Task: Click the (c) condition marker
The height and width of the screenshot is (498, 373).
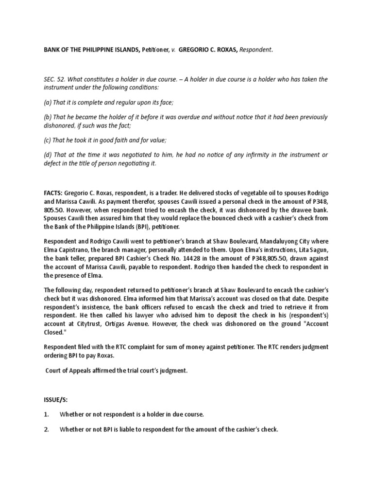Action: click(x=48, y=140)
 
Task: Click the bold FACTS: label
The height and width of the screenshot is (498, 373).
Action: click(x=54, y=193)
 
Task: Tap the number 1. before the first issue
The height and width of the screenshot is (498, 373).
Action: click(x=47, y=414)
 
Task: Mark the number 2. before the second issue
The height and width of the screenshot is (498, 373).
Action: click(x=47, y=429)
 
